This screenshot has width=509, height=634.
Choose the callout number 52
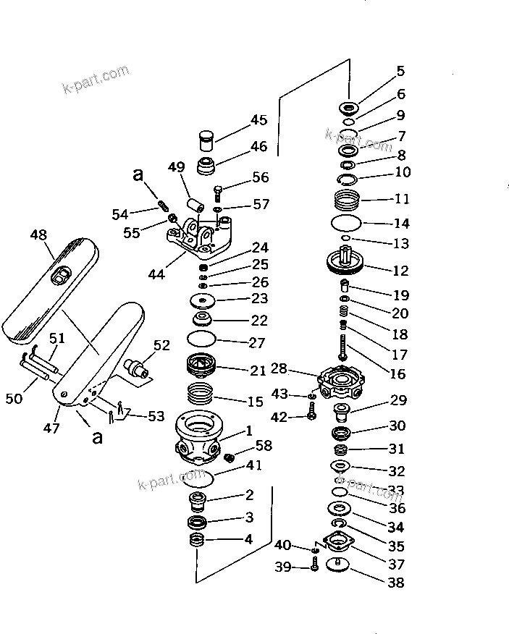point(161,345)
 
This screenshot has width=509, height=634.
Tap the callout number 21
point(258,371)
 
